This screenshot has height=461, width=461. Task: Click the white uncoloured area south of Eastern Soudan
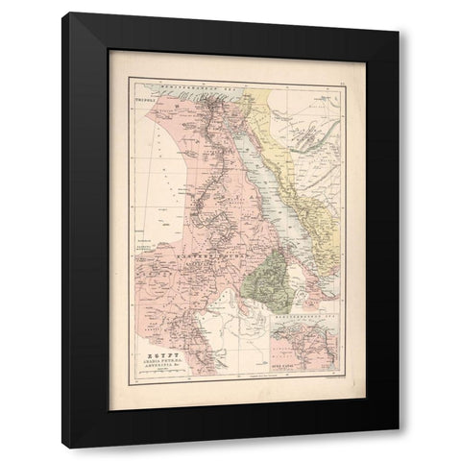pyautogui.click(x=230, y=298)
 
